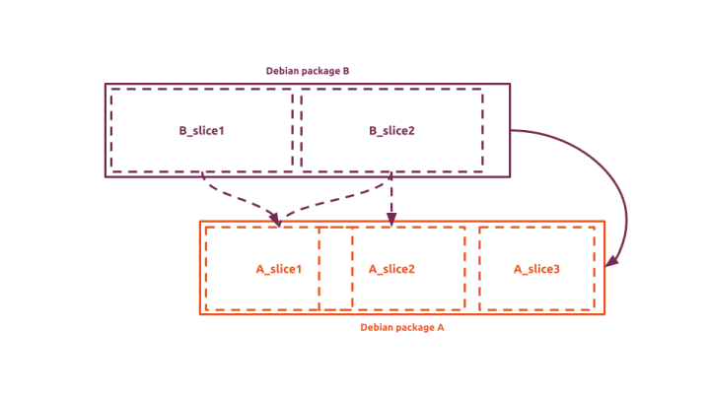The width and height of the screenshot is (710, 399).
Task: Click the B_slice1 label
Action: click(201, 130)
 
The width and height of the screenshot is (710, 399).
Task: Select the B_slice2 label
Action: click(391, 130)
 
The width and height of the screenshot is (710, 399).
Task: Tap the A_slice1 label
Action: click(278, 269)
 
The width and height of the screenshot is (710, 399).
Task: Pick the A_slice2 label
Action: click(391, 269)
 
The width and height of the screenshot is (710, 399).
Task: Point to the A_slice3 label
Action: click(536, 269)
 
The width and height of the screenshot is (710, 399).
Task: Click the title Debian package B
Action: click(308, 71)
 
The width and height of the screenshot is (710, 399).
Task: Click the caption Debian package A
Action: click(402, 326)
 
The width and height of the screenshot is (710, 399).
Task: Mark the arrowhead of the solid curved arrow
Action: click(611, 261)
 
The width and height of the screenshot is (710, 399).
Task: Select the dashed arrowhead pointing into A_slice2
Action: click(391, 220)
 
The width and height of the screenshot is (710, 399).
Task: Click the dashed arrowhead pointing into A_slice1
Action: click(277, 220)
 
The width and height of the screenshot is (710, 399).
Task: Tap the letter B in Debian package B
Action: click(345, 71)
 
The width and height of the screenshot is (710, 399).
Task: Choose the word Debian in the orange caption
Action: click(376, 326)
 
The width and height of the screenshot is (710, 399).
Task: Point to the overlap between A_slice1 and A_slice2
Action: click(335, 269)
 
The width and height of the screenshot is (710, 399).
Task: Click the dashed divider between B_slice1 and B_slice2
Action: click(297, 130)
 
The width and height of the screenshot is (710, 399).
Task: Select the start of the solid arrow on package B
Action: click(512, 130)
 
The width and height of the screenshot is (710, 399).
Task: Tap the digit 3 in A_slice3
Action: click(557, 269)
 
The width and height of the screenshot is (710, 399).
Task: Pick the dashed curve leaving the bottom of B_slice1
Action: click(227, 196)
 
